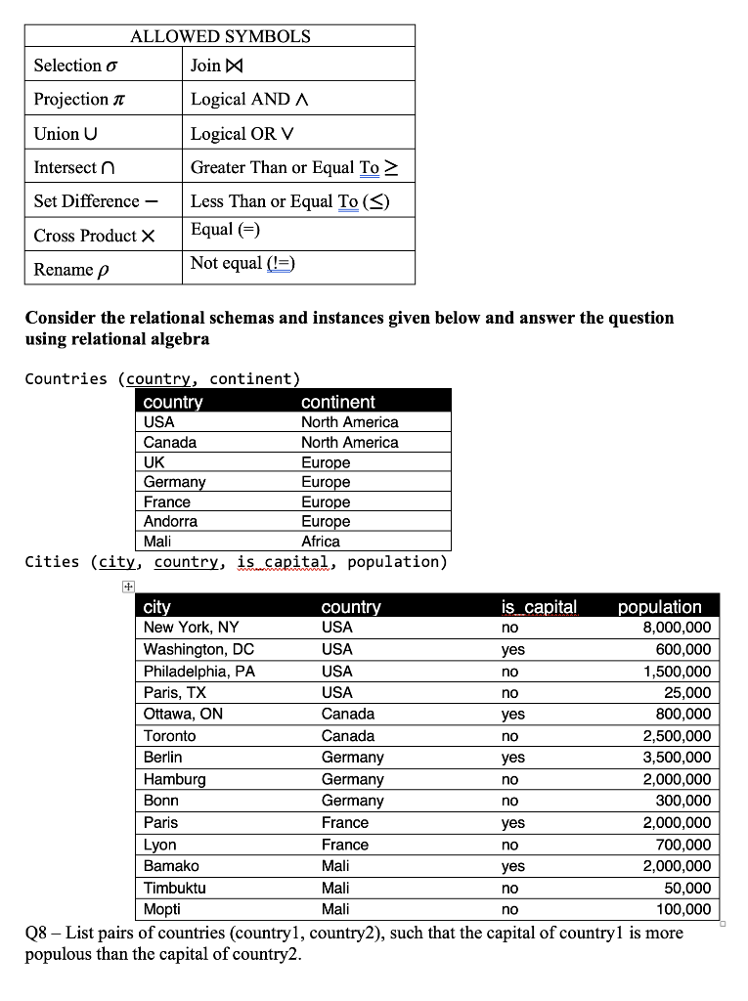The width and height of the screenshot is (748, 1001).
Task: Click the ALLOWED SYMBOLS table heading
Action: tap(220, 36)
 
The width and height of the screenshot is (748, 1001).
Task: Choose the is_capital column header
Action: tap(539, 607)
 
